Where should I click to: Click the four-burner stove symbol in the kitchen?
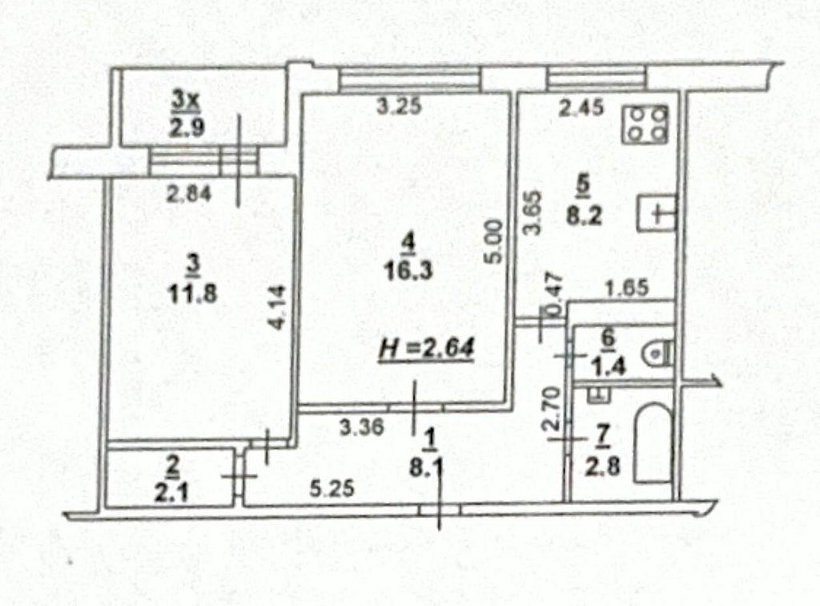(x=645, y=124)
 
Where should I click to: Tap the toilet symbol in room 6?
(x=659, y=353)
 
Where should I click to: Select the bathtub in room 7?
(x=653, y=442)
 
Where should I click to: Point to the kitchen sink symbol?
(x=657, y=213)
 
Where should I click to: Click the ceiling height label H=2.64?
(x=427, y=349)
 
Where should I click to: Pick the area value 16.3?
(x=408, y=271)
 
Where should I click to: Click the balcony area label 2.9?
(x=186, y=127)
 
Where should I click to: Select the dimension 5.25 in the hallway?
(x=332, y=489)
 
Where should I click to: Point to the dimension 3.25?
(x=400, y=107)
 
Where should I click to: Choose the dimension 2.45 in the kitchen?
(x=581, y=107)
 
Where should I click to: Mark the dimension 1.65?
(x=626, y=288)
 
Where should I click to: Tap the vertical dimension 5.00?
(x=495, y=241)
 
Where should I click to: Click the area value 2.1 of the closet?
(x=172, y=492)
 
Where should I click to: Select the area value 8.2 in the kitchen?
(x=585, y=215)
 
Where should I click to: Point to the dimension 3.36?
(x=361, y=427)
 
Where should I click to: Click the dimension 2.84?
(x=189, y=195)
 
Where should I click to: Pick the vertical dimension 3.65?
(x=532, y=212)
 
